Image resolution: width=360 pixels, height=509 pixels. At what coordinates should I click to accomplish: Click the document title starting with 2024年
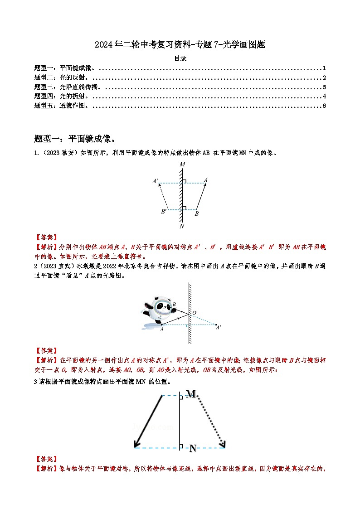(x=180, y=44)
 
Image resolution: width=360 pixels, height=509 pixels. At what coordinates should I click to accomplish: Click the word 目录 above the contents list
(x=180, y=58)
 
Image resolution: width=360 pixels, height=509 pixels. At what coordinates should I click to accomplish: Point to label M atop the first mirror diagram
(x=182, y=165)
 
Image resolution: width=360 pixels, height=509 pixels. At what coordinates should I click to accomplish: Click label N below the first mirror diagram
(x=182, y=226)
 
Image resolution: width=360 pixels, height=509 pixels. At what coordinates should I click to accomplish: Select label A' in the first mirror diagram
(x=156, y=181)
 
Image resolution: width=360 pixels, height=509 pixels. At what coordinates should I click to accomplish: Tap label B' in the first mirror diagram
(x=163, y=212)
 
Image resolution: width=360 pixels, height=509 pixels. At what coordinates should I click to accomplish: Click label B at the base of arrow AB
(x=196, y=213)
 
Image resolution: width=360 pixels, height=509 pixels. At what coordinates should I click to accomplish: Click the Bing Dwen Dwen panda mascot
(x=156, y=310)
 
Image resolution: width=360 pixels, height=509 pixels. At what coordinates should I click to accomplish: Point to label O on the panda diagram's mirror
(x=194, y=313)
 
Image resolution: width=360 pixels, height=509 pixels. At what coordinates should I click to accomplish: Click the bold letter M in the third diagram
(x=190, y=394)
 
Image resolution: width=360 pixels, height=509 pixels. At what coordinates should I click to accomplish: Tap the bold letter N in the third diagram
(x=192, y=449)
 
